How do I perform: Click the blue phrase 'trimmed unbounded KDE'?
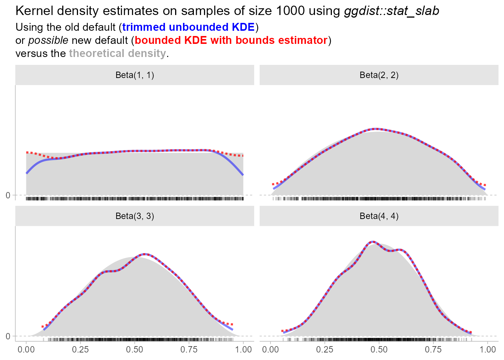(x=188, y=27)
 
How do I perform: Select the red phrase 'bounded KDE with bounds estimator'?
(x=231, y=40)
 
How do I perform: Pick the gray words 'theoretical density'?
(x=117, y=54)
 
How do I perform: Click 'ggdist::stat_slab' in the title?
(x=391, y=11)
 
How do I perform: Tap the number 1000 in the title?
(x=290, y=11)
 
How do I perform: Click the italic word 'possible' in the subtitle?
(x=48, y=40)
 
